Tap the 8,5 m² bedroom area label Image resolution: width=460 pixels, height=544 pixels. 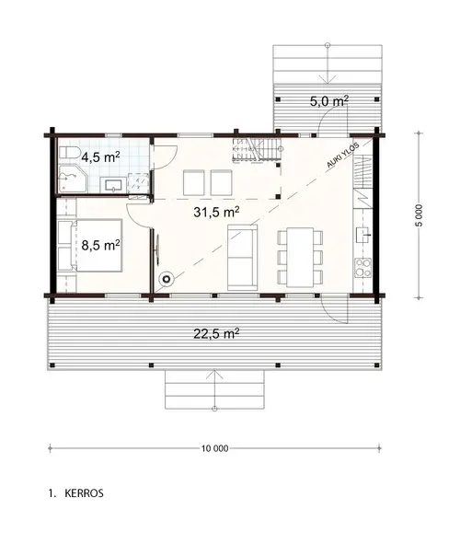(x=100, y=245)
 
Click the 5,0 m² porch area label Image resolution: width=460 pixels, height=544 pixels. (x=328, y=101)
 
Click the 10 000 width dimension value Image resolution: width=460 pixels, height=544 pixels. (x=213, y=448)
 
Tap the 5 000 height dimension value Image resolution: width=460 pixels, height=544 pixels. (x=420, y=214)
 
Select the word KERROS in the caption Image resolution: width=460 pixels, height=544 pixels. (x=84, y=493)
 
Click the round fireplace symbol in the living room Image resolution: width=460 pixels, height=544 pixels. (x=167, y=279)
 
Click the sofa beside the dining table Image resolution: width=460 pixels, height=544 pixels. (x=242, y=255)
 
